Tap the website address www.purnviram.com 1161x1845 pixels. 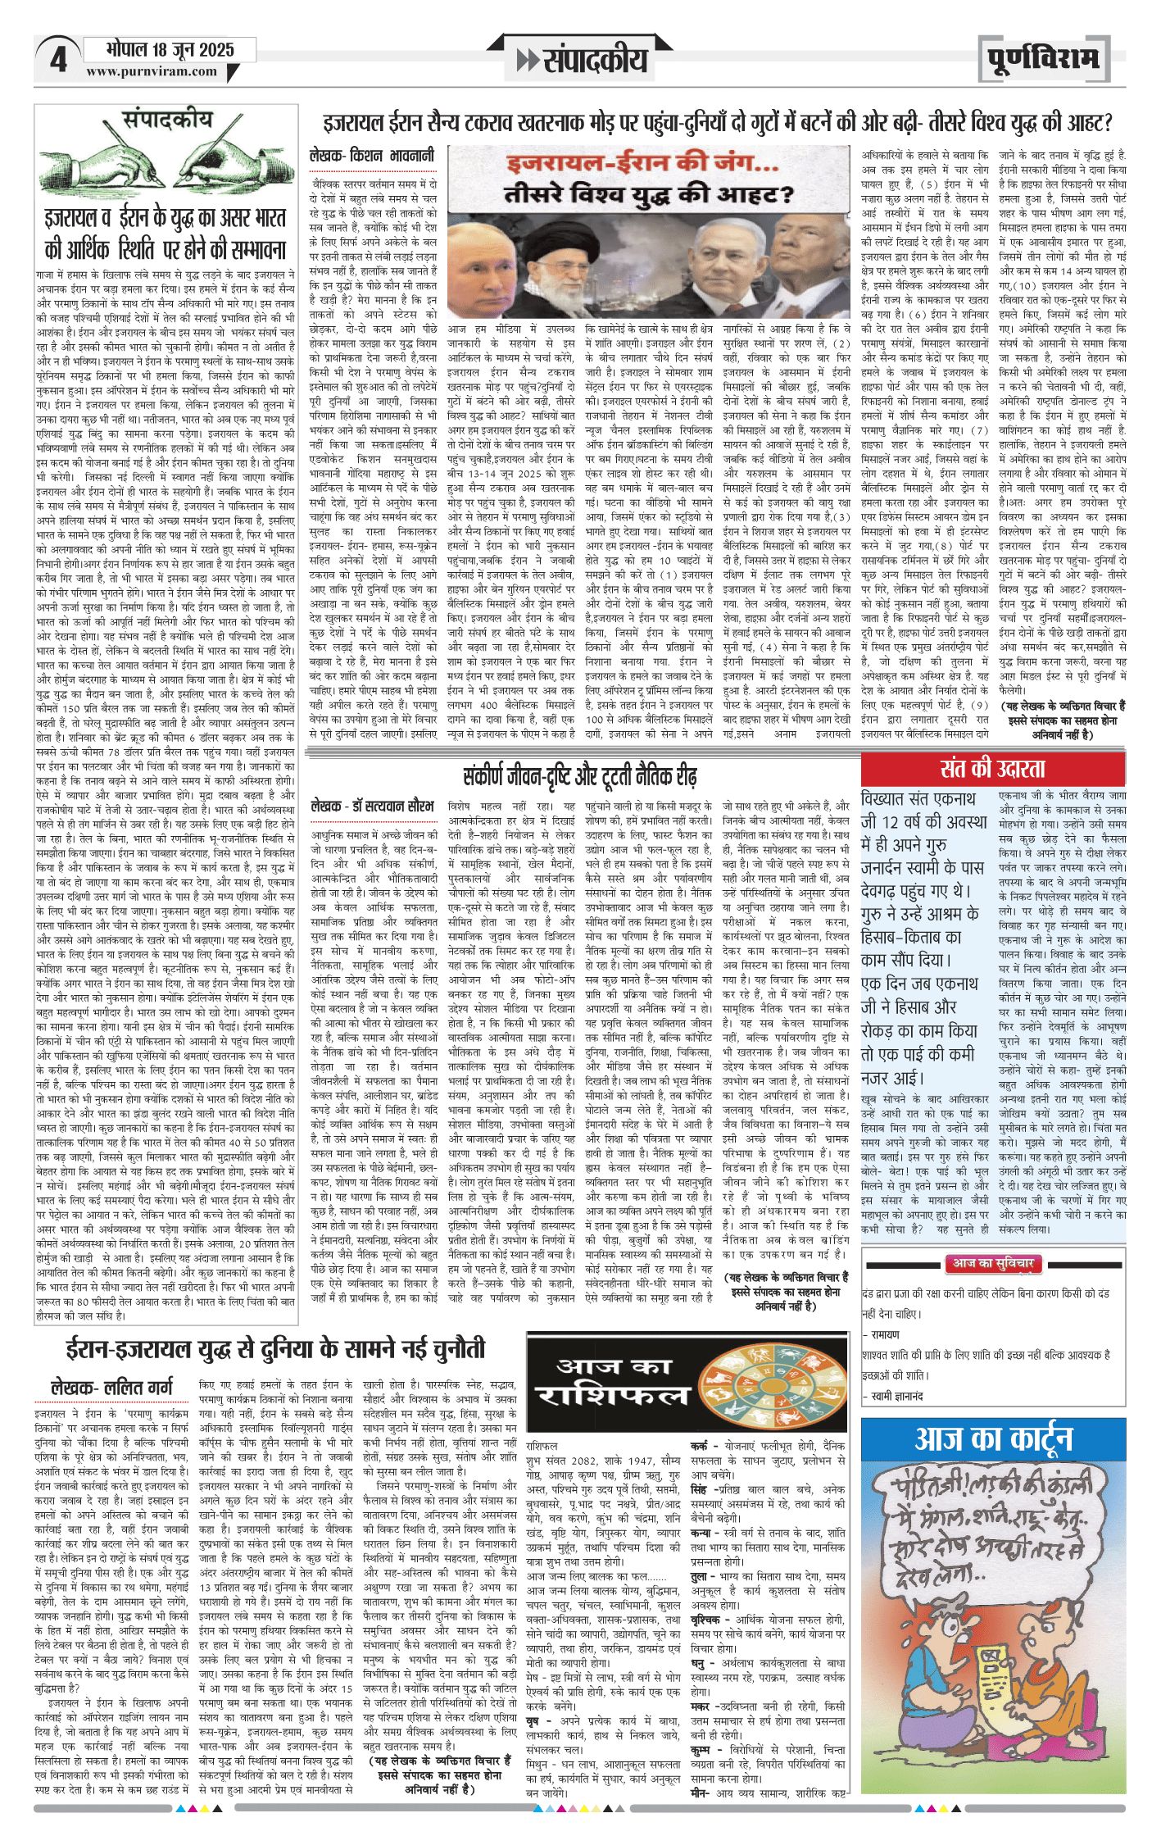152,72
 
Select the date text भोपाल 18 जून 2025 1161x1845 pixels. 170,50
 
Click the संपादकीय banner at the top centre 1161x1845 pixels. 583,59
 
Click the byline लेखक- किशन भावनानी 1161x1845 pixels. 372,155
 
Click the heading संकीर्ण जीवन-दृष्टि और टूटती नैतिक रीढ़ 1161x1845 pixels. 579,775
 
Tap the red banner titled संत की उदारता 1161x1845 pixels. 992,770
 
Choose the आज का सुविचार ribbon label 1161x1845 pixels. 992,1263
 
